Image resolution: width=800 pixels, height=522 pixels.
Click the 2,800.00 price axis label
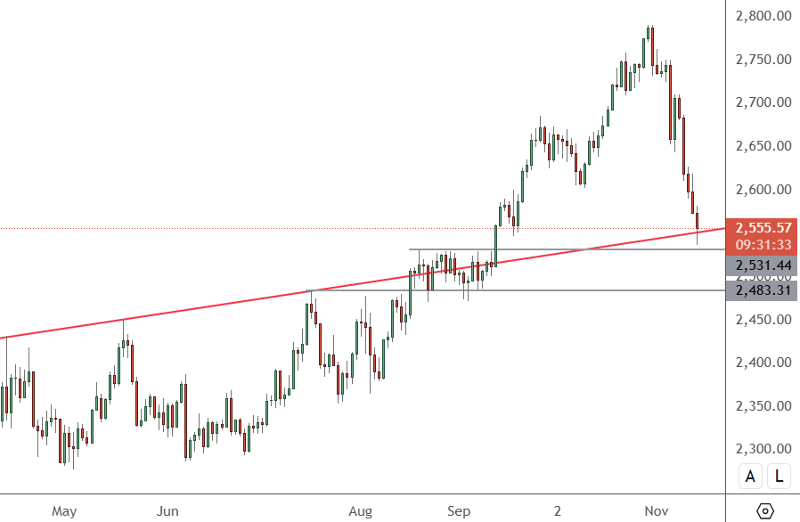[763, 16]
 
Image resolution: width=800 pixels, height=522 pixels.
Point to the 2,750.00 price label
[763, 60]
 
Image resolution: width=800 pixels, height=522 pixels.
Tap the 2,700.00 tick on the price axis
[763, 102]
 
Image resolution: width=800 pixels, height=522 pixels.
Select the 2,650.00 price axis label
[763, 146]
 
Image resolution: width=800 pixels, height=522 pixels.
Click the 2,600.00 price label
[763, 190]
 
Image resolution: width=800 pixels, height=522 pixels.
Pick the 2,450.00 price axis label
[763, 320]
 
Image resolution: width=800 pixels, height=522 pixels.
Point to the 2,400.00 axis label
[763, 363]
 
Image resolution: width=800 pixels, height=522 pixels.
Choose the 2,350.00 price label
[763, 406]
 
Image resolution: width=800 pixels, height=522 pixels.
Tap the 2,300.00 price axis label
[763, 450]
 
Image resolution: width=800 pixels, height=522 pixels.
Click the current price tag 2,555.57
[763, 228]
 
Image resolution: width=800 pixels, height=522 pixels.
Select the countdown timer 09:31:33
[763, 245]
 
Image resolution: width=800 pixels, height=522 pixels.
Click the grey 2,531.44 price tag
[763, 265]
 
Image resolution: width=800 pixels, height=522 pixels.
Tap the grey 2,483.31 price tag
[763, 290]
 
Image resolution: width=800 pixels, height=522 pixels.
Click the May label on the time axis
[64, 511]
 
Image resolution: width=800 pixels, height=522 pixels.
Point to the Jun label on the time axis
[167, 511]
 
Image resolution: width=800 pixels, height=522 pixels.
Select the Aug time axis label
[359, 511]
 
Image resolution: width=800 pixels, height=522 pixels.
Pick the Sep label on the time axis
[459, 511]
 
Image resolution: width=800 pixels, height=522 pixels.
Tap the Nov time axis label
[657, 511]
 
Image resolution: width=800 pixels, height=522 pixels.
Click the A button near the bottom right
[750, 477]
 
